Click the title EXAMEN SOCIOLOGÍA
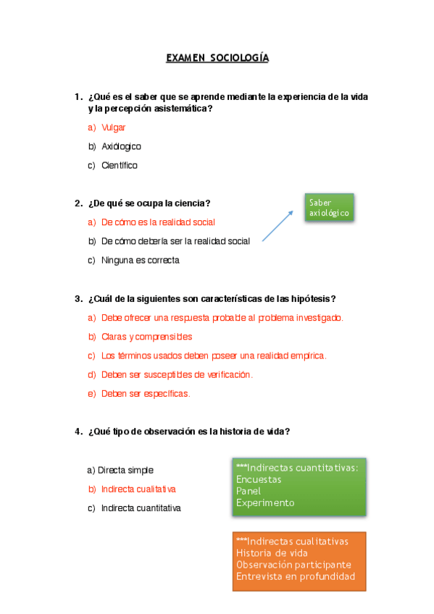pos(217,57)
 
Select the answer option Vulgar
pos(114,127)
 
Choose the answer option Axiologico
pos(121,146)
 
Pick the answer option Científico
pos(120,165)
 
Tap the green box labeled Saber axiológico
pos(329,208)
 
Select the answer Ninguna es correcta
pos(140,260)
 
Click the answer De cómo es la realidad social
pos(158,222)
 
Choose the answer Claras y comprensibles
pos(146,337)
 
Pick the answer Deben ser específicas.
pos(145,394)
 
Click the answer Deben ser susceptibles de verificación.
pos(177,374)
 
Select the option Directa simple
pos(125,470)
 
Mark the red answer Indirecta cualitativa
pos(138,489)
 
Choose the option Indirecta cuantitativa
pos(141,508)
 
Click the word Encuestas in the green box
pos(259,479)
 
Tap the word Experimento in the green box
pos(265,502)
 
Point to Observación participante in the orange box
pos(293,565)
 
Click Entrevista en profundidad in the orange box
pos(296,576)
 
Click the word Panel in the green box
pos(249,491)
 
